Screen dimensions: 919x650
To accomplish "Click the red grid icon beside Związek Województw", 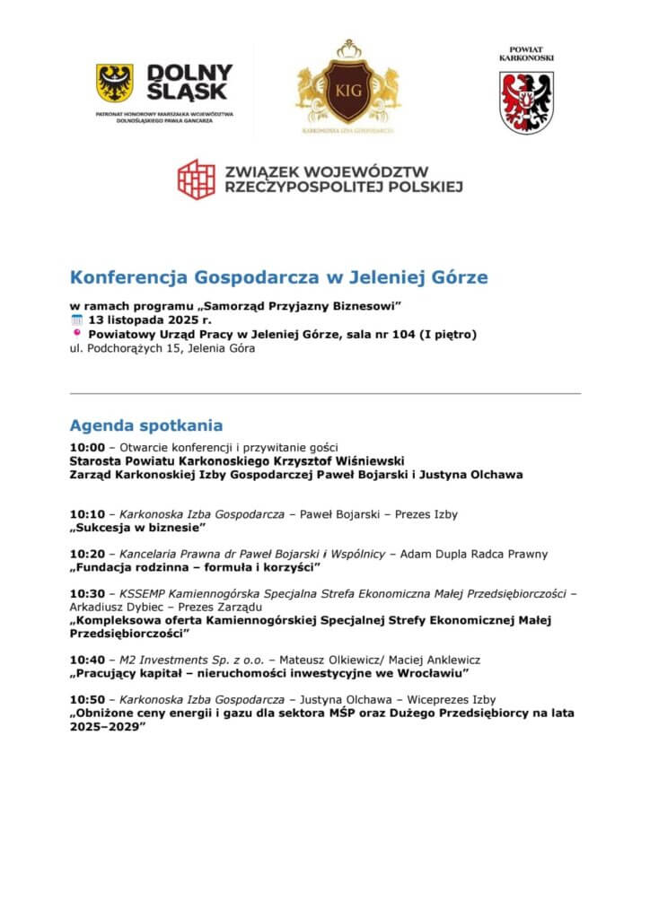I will (196, 179).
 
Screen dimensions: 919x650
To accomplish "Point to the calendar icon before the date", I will (75, 320).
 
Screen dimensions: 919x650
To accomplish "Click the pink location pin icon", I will (75, 335).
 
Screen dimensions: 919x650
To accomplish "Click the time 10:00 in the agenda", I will (87, 446).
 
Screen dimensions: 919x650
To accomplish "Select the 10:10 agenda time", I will (87, 514).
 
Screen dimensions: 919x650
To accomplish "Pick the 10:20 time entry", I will (87, 554).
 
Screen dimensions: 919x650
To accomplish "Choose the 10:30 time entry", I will (87, 593).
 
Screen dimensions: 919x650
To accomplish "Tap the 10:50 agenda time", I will (87, 699).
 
